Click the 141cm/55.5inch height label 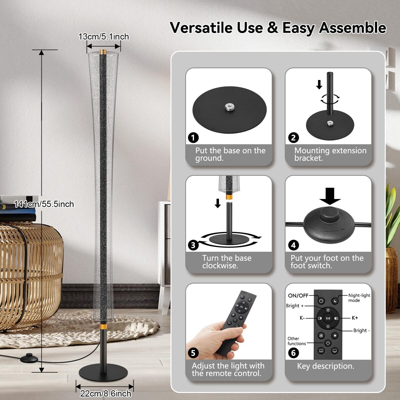[x=44, y=204]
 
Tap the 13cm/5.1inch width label [x=104, y=37]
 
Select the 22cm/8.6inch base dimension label [x=106, y=393]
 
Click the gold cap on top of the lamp [x=103, y=52]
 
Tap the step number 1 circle [x=193, y=138]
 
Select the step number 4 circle [x=294, y=245]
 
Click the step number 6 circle [x=294, y=353]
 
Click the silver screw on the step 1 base [x=229, y=107]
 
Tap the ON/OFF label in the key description [x=298, y=296]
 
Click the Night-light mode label [x=359, y=298]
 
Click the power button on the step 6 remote [x=321, y=301]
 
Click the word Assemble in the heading [x=352, y=28]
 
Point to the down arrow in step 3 [x=218, y=203]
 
